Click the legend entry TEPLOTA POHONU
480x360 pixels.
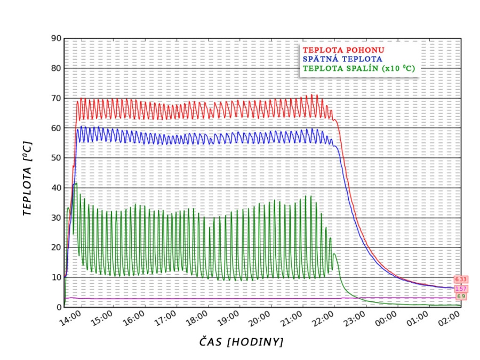pyautogui.click(x=343, y=50)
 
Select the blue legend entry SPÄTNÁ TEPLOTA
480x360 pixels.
pyautogui.click(x=342, y=59)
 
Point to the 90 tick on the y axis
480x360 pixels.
pyautogui.click(x=55, y=38)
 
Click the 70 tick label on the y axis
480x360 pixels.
pyautogui.click(x=55, y=98)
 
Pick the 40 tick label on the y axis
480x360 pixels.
pyautogui.click(x=55, y=188)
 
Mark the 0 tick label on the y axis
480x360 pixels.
pyautogui.click(x=58, y=307)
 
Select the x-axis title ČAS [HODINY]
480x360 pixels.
pyautogui.click(x=241, y=341)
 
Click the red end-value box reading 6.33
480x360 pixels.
pyautogui.click(x=461, y=279)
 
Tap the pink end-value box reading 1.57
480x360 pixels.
pyautogui.click(x=461, y=289)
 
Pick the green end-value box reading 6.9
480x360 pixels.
pyautogui.click(x=461, y=296)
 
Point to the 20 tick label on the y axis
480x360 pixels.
pyautogui.click(x=55, y=247)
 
